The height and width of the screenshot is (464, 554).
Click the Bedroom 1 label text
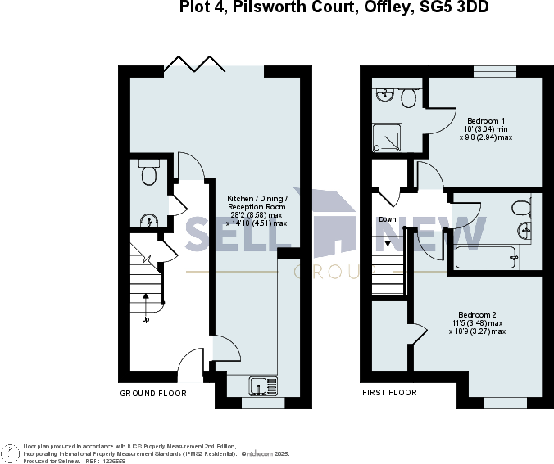(486, 120)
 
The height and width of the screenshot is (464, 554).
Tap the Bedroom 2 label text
(477, 315)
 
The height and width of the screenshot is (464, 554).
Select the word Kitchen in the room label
(240, 198)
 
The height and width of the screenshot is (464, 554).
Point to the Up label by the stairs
(146, 319)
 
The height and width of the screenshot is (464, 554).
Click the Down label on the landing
(388, 219)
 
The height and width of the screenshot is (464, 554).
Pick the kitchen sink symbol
(264, 385)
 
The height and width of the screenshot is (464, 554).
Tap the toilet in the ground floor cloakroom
(149, 173)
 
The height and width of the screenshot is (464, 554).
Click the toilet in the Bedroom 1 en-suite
(408, 97)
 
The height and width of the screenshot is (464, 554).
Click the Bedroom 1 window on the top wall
(494, 72)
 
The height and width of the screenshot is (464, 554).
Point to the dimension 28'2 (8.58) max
(257, 214)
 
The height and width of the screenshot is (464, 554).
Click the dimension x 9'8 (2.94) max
(485, 137)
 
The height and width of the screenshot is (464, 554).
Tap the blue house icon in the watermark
(333, 221)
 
